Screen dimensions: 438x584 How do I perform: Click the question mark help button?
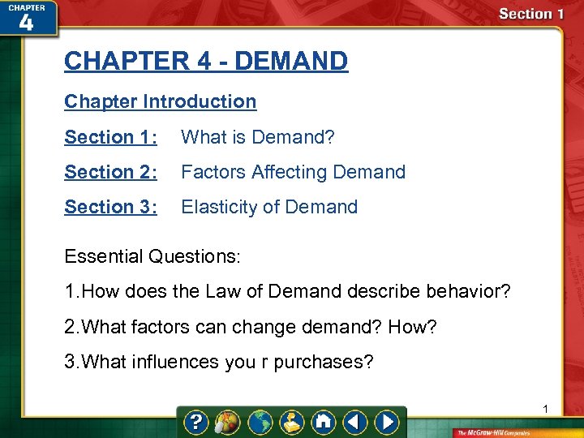[x=195, y=423]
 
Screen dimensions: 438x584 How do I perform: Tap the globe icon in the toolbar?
[x=261, y=423]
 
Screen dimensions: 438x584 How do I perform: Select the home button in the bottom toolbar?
[x=324, y=423]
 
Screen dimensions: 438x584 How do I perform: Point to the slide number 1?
[x=546, y=408]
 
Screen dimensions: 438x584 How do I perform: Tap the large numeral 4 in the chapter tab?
[x=26, y=22]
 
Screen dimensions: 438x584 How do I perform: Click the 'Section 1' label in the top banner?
[x=531, y=14]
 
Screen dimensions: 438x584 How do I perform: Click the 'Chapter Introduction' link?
[x=161, y=101]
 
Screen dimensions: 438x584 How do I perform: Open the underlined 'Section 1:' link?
[x=111, y=137]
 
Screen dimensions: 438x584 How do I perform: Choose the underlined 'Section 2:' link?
[x=111, y=172]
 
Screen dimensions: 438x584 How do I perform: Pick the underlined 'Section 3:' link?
[x=111, y=207]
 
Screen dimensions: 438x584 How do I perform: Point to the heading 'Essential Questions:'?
[x=152, y=256]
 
